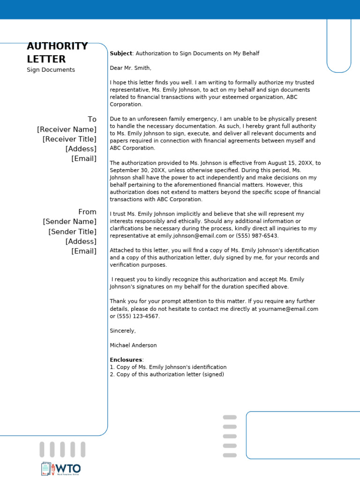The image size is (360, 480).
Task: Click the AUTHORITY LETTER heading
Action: click(57, 52)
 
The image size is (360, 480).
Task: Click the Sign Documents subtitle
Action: click(51, 70)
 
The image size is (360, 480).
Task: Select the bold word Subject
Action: click(121, 53)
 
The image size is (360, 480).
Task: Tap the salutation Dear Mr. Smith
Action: click(130, 68)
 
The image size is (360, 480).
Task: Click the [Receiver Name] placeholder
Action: click(67, 129)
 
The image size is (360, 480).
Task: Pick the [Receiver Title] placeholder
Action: click(69, 139)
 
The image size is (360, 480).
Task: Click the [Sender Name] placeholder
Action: click(69, 222)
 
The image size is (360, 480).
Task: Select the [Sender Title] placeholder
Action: click(72, 232)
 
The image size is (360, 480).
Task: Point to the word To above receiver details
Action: click(92, 120)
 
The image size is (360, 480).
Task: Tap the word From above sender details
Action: click(87, 212)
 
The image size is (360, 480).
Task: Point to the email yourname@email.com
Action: click(291, 309)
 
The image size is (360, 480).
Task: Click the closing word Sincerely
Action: click(123, 331)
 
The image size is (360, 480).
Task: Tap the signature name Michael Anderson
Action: click(133, 345)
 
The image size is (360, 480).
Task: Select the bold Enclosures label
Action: click(126, 360)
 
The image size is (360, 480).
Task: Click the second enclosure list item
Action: click(167, 375)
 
